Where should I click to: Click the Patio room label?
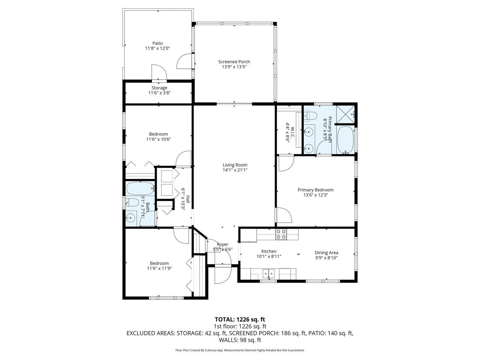[157, 43]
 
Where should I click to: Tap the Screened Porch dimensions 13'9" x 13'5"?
[234, 67]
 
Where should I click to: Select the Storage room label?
[159, 88]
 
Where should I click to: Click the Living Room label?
[235, 165]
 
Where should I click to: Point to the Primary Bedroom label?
[315, 190]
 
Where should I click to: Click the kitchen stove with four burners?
[281, 234]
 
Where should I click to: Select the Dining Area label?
[326, 253]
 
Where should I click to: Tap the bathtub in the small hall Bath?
[140, 187]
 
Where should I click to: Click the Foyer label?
[223, 244]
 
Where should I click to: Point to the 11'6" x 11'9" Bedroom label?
[159, 263]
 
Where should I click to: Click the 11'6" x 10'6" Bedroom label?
[158, 134]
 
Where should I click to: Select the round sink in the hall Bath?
[131, 217]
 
